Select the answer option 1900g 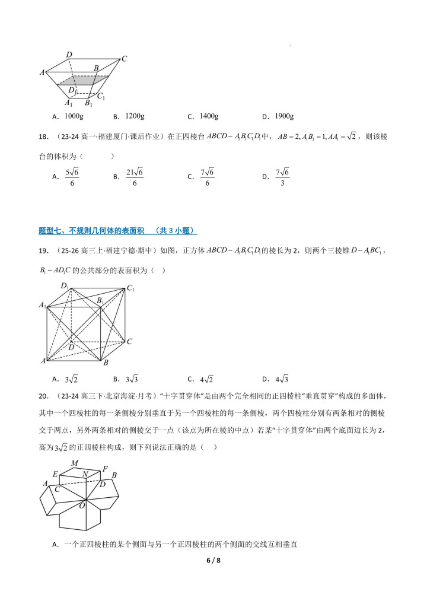click(x=285, y=116)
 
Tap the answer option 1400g click(x=209, y=116)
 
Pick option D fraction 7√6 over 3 click(x=282, y=176)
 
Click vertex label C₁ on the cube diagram click(x=130, y=288)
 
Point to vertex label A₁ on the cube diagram click(x=43, y=306)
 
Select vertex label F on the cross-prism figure click(x=105, y=469)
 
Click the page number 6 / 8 click(x=213, y=560)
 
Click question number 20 click(x=42, y=396)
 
